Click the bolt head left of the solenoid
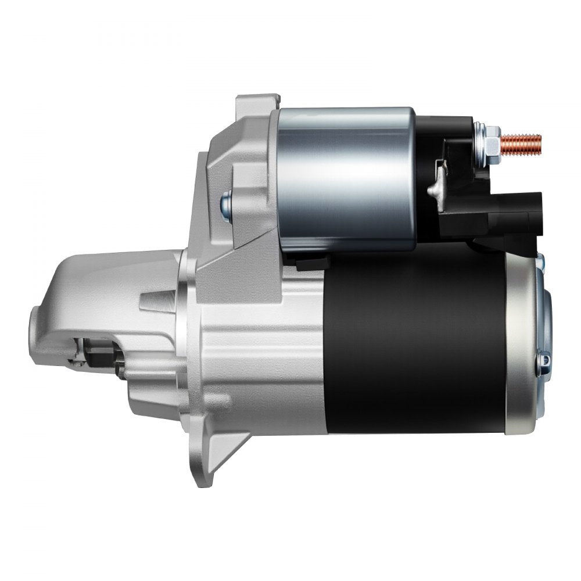[225, 203]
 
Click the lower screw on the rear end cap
[543, 361]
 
